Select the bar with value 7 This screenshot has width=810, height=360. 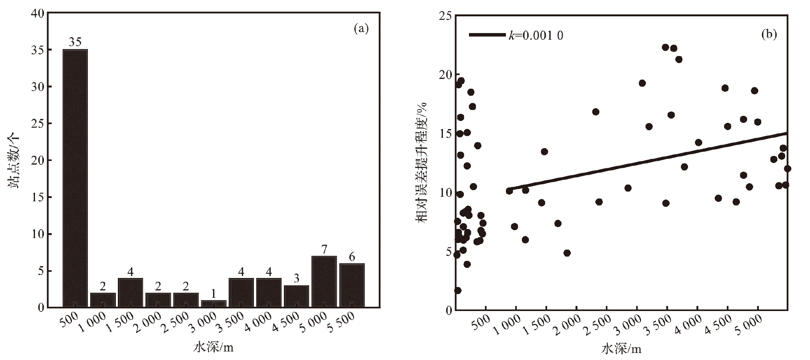coord(324,282)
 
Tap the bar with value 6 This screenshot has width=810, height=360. coord(352,285)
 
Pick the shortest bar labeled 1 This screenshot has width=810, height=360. coord(213,304)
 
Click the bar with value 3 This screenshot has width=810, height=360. coord(296,296)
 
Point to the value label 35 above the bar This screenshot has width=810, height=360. coord(75,42)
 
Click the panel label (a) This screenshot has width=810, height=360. coord(361,28)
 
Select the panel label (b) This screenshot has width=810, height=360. coord(769,35)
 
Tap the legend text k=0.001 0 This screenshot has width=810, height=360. coord(536,35)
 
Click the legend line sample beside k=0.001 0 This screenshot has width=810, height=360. coord(487,35)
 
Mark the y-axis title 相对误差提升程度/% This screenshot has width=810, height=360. coord(422,163)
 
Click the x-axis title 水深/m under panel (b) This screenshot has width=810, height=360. coord(621,349)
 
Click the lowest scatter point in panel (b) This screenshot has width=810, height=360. coord(458,290)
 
